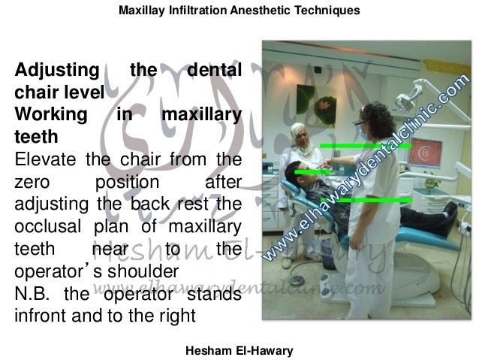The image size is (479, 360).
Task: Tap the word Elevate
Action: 45,159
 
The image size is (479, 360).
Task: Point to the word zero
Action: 33,182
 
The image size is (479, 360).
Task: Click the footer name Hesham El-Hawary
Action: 239,350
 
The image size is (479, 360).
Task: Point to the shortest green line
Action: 312,172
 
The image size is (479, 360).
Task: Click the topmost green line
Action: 363,145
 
